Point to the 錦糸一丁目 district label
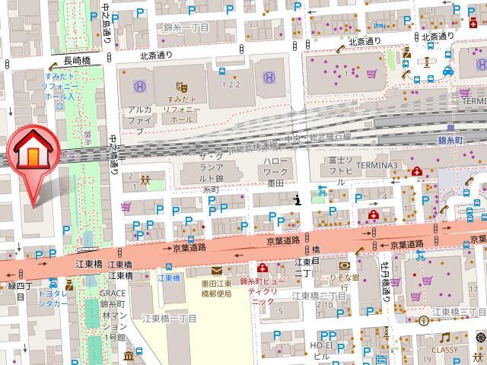coord(186,27)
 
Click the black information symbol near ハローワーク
coord(298,199)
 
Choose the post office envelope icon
coord(216,271)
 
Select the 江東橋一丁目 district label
coord(166,318)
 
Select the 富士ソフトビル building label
coord(334,172)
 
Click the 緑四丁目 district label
coord(18,287)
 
